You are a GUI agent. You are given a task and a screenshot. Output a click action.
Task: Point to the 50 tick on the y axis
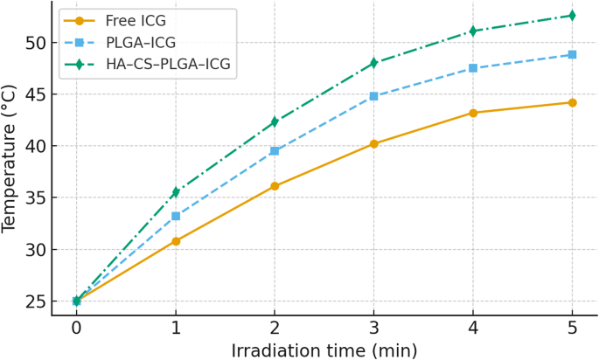(x=32, y=43)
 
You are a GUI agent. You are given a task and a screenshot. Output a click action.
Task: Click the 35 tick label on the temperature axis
(x=32, y=198)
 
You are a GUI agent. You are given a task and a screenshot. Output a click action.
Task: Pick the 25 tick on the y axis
(x=32, y=301)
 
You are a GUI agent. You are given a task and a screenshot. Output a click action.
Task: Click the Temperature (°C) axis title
(x=10, y=159)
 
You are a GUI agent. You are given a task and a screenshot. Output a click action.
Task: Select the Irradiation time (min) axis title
(x=324, y=350)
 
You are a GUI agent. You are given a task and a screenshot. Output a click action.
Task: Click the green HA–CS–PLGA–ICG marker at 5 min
(x=573, y=16)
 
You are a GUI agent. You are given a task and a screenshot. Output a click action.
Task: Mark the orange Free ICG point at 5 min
(x=573, y=102)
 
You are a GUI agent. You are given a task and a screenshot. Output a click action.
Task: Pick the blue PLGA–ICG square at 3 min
(x=374, y=96)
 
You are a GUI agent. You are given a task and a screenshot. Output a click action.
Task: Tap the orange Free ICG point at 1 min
(x=176, y=241)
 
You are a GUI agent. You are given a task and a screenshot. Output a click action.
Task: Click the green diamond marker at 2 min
(x=275, y=122)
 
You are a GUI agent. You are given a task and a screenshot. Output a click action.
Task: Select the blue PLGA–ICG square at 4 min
(x=473, y=68)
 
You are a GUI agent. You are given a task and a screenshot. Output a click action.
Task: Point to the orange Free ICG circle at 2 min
(x=275, y=186)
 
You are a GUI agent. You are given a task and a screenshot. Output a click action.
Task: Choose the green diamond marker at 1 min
(x=176, y=192)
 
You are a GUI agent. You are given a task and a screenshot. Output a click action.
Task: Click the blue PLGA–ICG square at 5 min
(x=573, y=54)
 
